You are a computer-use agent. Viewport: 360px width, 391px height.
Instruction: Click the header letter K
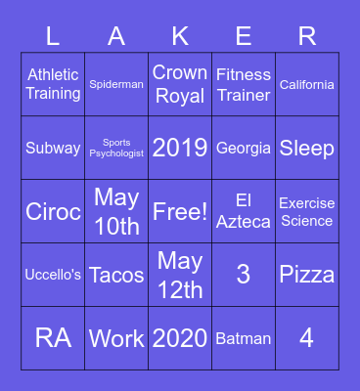pos(180,36)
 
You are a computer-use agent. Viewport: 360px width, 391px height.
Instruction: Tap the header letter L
pos(53,36)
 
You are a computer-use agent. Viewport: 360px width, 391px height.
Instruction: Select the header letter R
pos(307,36)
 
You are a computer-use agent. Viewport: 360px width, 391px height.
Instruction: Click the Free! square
pos(180,211)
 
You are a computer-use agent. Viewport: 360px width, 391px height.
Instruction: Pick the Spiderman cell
pos(116,84)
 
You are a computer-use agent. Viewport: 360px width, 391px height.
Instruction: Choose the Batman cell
pos(244,338)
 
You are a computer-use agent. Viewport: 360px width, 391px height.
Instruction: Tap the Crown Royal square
pos(180,84)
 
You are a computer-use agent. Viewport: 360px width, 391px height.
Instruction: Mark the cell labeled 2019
pos(180,148)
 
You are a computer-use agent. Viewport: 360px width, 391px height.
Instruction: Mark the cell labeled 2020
pos(180,338)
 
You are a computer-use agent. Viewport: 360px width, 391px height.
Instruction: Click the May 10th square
pos(116,211)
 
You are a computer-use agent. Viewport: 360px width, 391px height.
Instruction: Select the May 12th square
pos(180,275)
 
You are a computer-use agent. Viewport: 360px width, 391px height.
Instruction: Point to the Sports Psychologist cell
pos(116,148)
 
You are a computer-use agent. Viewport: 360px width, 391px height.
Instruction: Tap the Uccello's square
pos(53,275)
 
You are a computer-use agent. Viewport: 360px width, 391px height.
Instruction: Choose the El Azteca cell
pos(244,211)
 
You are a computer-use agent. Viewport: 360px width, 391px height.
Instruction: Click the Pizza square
pos(307,275)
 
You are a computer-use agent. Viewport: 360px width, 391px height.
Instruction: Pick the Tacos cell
pos(116,275)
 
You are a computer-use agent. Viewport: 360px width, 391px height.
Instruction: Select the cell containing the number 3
pos(244,275)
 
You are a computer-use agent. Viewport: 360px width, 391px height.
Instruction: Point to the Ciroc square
pos(53,211)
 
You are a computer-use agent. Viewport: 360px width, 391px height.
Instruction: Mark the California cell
pos(307,84)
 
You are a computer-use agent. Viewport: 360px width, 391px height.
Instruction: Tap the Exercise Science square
pos(307,211)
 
